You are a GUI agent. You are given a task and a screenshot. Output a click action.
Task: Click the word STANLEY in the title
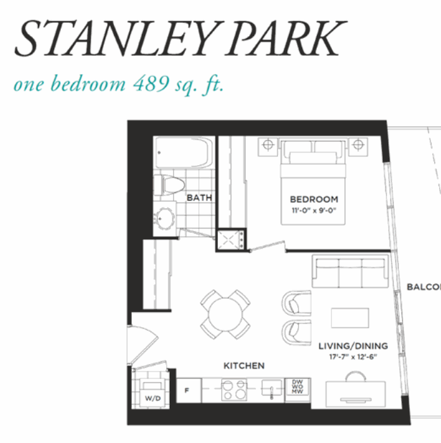117,39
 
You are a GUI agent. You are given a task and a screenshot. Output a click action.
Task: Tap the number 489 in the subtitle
151,84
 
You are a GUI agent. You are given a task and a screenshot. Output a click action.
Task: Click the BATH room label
200,197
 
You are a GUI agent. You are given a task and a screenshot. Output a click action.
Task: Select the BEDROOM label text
314,199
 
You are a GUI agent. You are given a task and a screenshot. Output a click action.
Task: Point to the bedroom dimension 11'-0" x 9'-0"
314,211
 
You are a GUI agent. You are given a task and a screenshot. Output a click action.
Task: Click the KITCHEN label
244,366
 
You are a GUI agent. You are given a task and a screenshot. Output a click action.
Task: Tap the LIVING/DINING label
353,346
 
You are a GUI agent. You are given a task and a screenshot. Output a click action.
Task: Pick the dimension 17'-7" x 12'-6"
353,357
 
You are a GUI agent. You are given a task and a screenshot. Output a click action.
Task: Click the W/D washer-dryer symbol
153,393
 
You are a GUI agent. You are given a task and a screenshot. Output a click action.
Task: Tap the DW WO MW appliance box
298,387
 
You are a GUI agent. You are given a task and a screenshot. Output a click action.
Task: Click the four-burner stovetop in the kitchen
234,390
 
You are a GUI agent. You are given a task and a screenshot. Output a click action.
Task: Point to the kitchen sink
272,389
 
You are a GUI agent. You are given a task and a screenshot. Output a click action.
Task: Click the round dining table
225,314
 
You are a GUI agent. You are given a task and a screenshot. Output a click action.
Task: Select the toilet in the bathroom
169,185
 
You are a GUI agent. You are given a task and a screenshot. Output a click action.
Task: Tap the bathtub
184,153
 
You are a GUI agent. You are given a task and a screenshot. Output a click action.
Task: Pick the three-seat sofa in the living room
350,271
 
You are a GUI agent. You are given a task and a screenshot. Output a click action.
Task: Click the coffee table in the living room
350,318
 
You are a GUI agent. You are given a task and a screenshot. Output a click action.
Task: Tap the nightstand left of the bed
267,146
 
